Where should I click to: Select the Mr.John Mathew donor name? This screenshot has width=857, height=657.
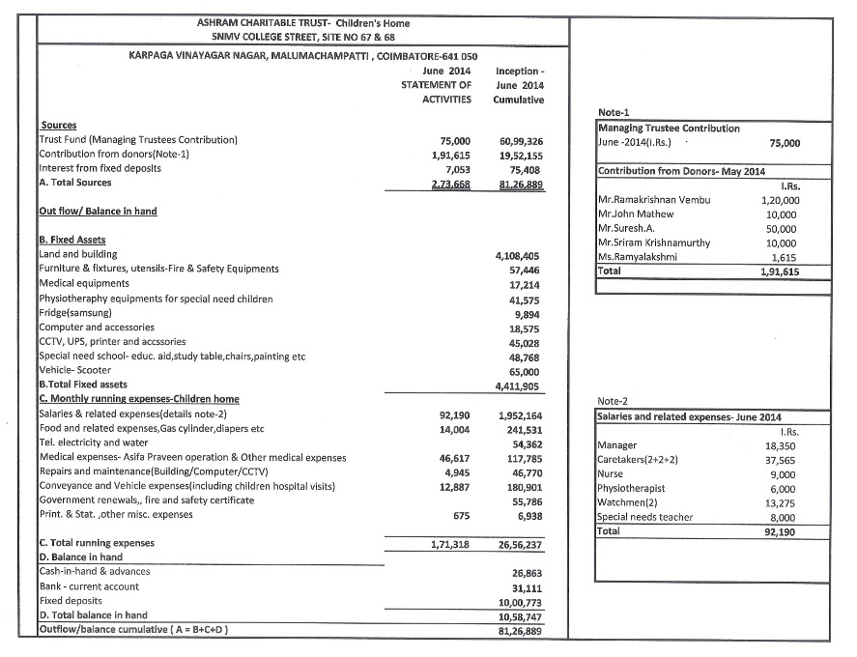point(636,214)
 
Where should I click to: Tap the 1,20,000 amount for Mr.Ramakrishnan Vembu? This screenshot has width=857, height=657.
point(781,200)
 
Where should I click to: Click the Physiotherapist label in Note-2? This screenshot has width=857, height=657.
point(632,489)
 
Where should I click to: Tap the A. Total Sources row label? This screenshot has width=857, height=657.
point(74,183)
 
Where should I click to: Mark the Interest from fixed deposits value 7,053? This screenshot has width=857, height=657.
point(454,168)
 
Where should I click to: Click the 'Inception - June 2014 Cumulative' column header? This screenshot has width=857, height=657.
point(519,85)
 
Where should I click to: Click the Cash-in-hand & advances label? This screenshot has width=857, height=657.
point(95,571)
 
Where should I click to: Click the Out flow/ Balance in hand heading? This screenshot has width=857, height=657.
point(98,212)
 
